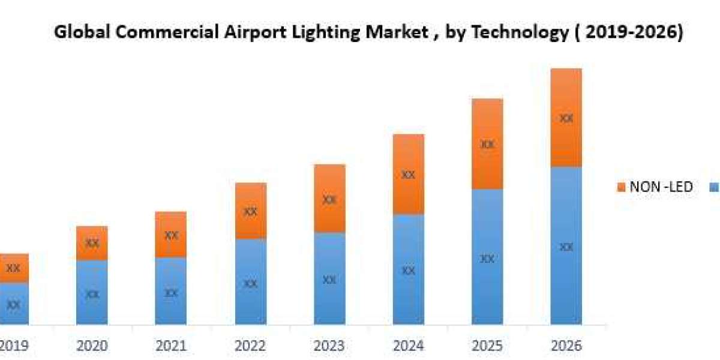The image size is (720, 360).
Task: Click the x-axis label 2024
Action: [x=408, y=346]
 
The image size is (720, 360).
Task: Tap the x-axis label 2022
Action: [x=251, y=346]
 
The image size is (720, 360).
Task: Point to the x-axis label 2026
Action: [x=566, y=346]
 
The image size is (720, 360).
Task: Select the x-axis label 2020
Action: [x=92, y=346]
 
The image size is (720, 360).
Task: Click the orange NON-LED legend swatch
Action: [x=620, y=187]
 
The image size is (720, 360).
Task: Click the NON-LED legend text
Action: [x=661, y=187]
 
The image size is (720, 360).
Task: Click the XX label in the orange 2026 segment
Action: [x=566, y=118]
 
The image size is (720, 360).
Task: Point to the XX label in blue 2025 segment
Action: [x=487, y=259]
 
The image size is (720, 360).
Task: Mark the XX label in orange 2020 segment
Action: [x=92, y=243]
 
